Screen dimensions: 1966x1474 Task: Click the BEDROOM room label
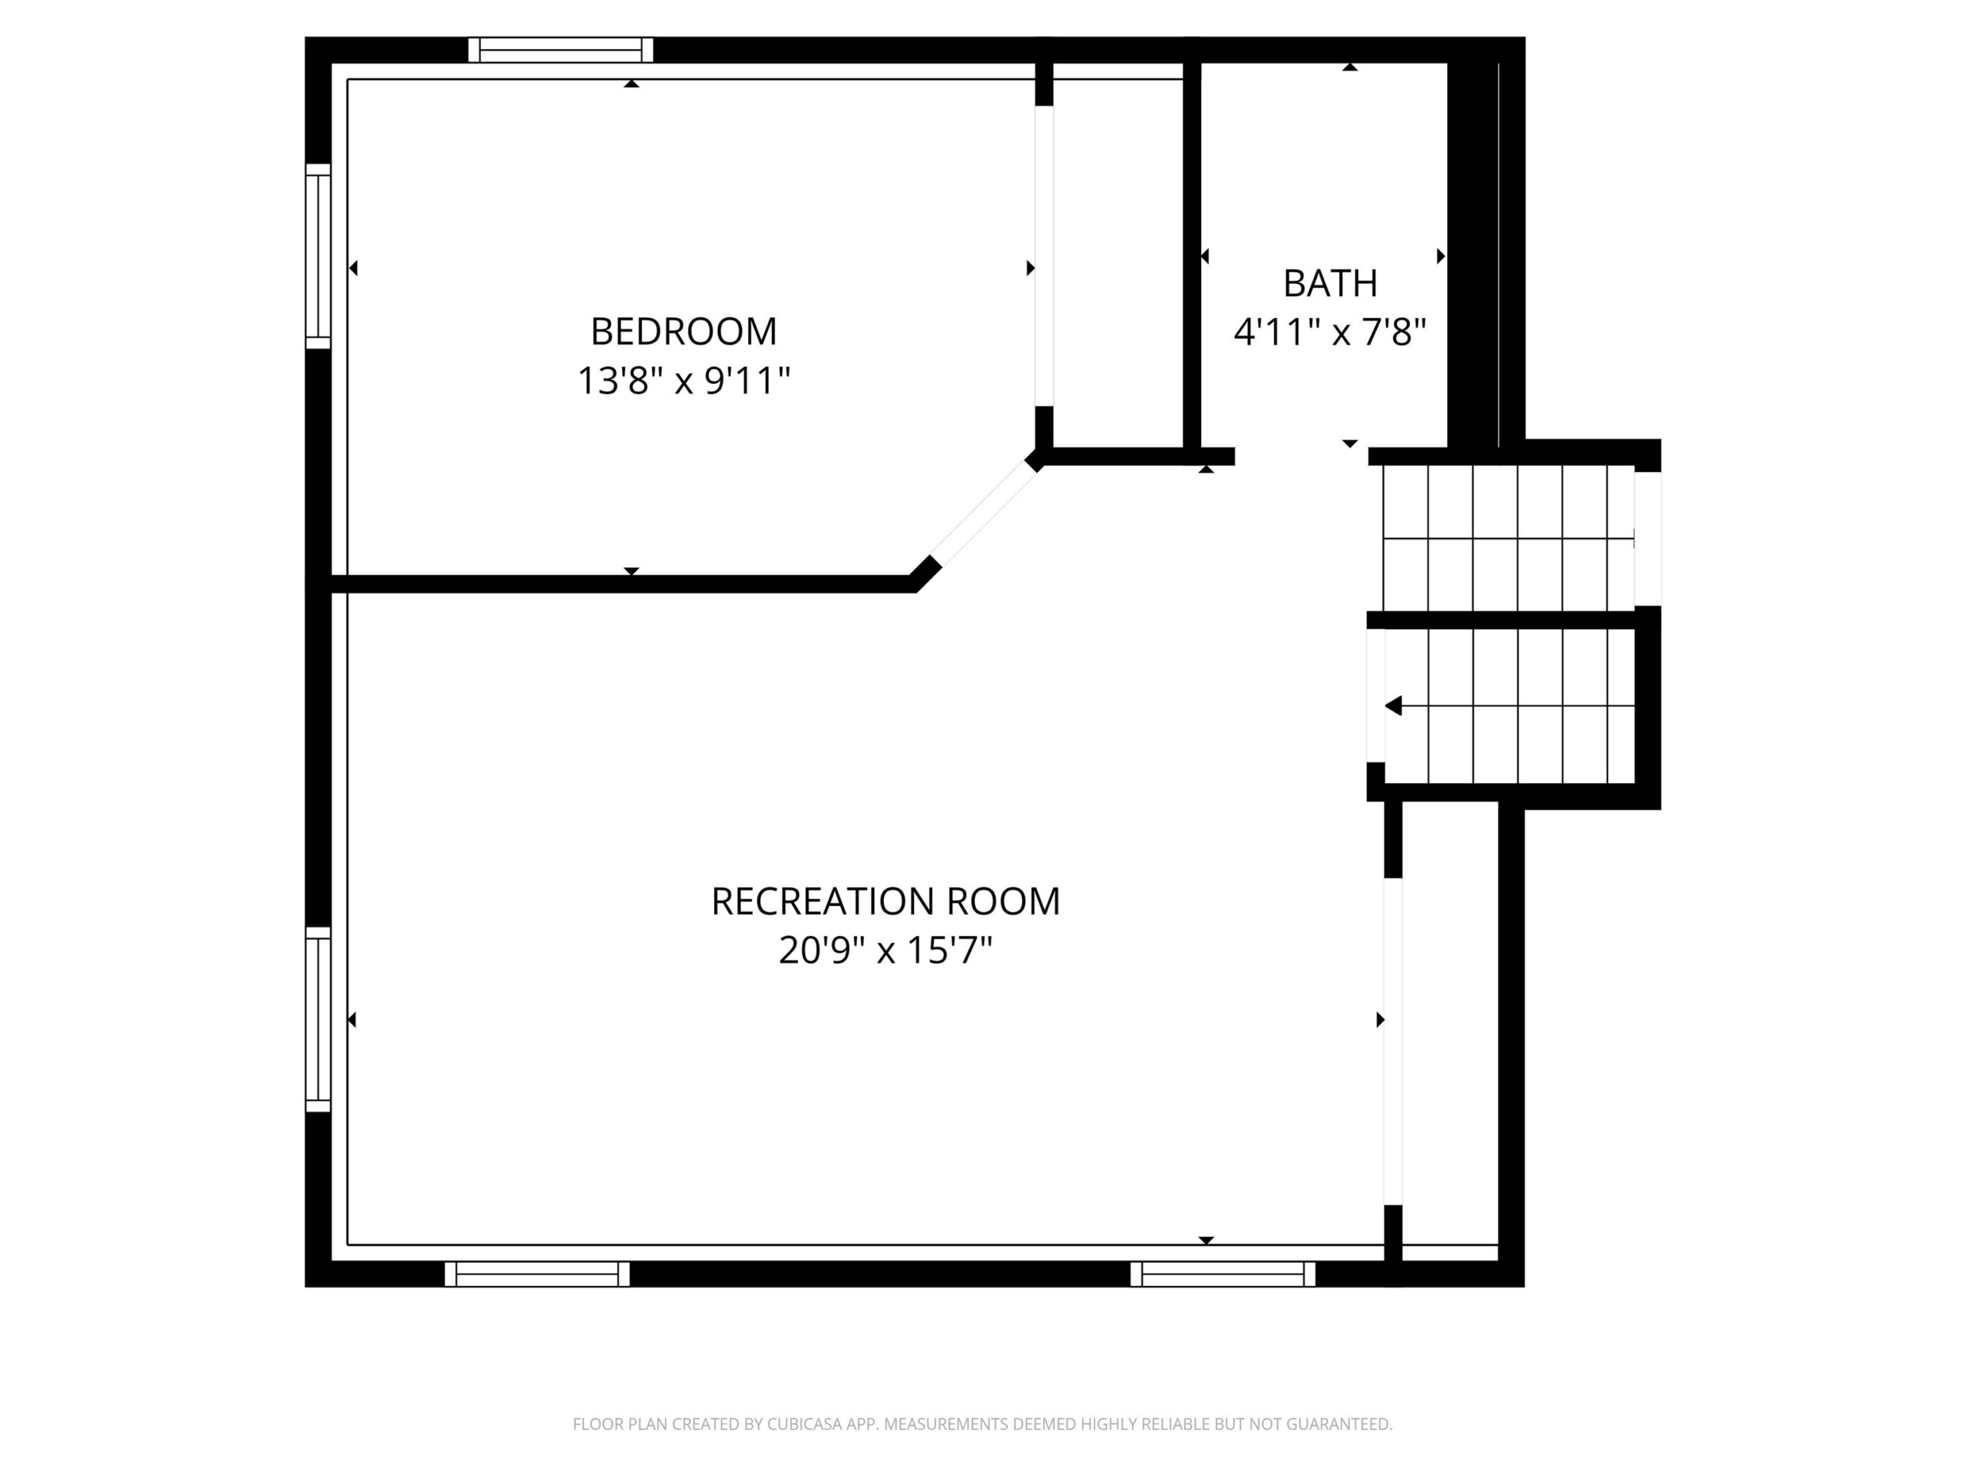tap(683, 332)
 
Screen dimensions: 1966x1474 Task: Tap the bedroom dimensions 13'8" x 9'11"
tap(683, 381)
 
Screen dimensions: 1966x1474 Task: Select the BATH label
tap(1329, 283)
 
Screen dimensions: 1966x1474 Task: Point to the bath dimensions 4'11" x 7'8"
tap(1329, 332)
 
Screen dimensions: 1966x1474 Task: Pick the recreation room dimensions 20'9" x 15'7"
tap(885, 950)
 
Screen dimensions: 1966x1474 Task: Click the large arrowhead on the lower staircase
tap(1394, 706)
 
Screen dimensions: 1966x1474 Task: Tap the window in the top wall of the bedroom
tap(561, 50)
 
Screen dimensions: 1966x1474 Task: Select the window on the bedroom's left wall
tap(318, 256)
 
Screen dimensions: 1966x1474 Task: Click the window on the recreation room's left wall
tap(318, 1019)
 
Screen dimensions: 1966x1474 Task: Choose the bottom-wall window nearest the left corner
tap(537, 1274)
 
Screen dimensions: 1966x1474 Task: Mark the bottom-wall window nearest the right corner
tap(1223, 1274)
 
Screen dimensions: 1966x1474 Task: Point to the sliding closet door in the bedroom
tap(1044, 256)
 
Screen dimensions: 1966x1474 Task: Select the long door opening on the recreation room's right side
tap(1393, 1041)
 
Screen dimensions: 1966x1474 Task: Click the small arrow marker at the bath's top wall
tap(1350, 67)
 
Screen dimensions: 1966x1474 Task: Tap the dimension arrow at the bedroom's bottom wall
tap(631, 570)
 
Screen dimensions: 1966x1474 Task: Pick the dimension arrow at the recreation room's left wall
tap(352, 1019)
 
